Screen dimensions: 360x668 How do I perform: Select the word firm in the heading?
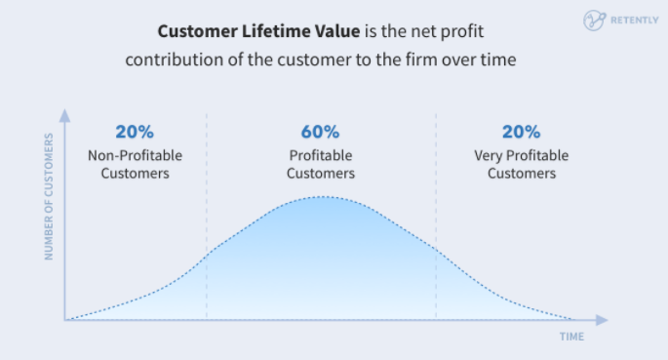417,58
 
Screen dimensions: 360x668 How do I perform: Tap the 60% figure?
321,132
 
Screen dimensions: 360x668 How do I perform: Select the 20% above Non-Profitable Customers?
135,132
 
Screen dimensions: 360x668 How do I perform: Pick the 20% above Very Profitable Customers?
521,132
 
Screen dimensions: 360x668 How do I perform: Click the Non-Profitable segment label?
135,155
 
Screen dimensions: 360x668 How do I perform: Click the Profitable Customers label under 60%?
321,164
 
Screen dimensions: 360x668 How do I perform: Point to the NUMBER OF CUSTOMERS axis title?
47,204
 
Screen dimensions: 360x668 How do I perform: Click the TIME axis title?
572,337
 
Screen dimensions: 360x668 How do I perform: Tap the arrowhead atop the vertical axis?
65,113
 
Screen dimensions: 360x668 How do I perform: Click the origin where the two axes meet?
65,319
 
